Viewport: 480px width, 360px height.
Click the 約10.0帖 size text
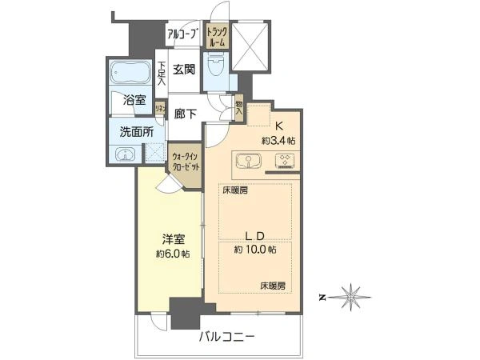tap(255, 250)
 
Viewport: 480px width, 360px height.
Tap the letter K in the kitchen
tap(280, 125)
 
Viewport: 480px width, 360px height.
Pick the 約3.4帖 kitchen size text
tap(279, 140)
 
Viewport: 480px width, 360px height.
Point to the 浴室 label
tap(134, 101)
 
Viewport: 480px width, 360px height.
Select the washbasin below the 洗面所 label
tap(124, 154)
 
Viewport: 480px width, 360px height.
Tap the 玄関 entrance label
tap(185, 70)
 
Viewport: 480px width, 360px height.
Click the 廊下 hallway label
tap(186, 114)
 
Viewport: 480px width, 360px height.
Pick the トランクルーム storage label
tap(216, 36)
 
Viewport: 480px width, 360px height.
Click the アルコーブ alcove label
tap(183, 34)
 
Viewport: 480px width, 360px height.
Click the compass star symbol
tap(352, 296)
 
